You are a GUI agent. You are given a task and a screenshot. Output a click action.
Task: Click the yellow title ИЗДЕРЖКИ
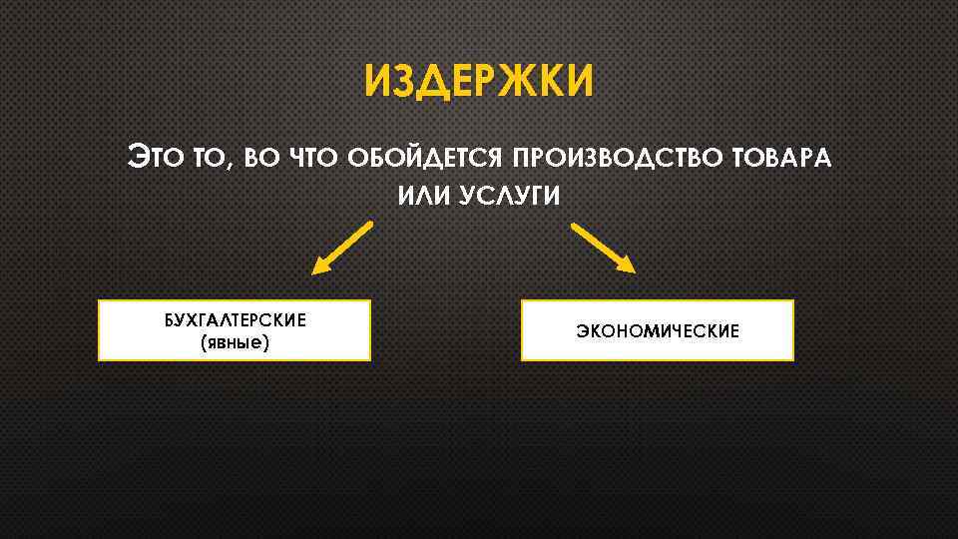tap(478, 81)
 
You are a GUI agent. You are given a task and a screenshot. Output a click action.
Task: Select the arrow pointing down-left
tap(342, 247)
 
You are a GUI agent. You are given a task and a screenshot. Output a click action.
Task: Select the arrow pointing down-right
tap(603, 247)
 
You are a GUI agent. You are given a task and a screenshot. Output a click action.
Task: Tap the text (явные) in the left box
tap(235, 342)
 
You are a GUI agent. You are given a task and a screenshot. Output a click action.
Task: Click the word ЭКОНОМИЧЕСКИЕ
tap(658, 330)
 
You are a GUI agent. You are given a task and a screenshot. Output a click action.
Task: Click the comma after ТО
tap(229, 165)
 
